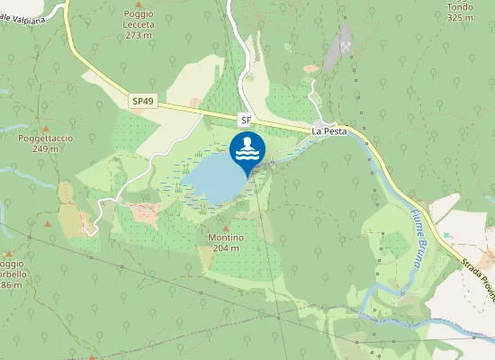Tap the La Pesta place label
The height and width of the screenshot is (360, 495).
[329, 130]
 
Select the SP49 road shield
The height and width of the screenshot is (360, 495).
[144, 102]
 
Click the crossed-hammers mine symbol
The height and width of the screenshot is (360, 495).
[345, 44]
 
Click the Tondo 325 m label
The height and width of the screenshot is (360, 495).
[460, 12]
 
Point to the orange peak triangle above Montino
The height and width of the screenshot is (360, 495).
[224, 227]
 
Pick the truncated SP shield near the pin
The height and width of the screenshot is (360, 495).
[246, 119]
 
